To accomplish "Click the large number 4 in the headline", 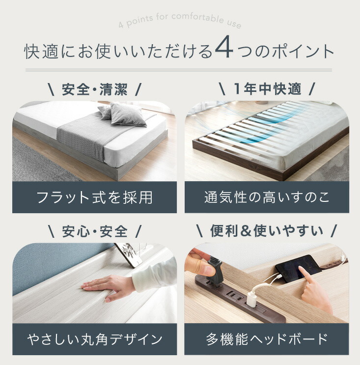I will click(x=223, y=50).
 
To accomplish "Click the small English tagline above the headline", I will click(x=180, y=23).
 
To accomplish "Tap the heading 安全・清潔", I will click(x=95, y=90).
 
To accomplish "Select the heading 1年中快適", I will click(x=267, y=90).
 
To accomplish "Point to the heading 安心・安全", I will click(x=95, y=230).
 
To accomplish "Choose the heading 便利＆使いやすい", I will click(x=267, y=230).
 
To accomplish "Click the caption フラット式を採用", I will click(x=94, y=197).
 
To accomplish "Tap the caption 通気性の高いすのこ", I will click(x=267, y=197).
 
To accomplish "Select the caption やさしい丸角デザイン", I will click(x=94, y=339).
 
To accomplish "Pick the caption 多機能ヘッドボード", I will click(x=267, y=339).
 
